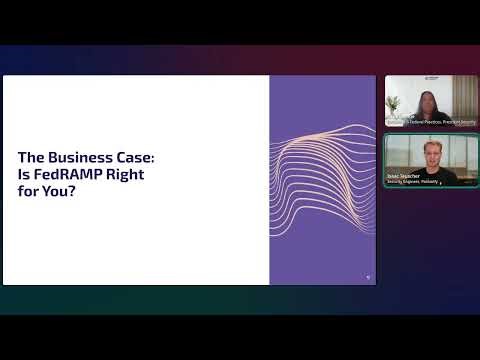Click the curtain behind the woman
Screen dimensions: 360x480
click(461, 95)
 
